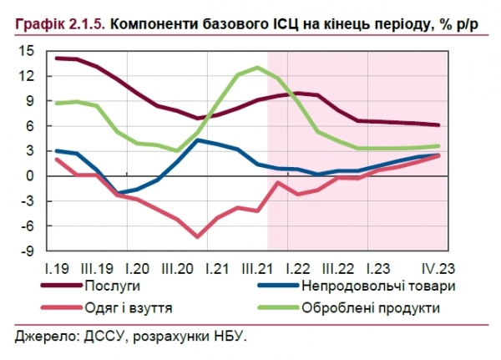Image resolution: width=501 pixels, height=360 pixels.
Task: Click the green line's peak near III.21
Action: coord(259,68)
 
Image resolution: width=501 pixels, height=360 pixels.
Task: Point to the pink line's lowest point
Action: coord(198,236)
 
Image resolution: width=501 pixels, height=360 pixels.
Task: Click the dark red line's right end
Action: coord(439,125)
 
